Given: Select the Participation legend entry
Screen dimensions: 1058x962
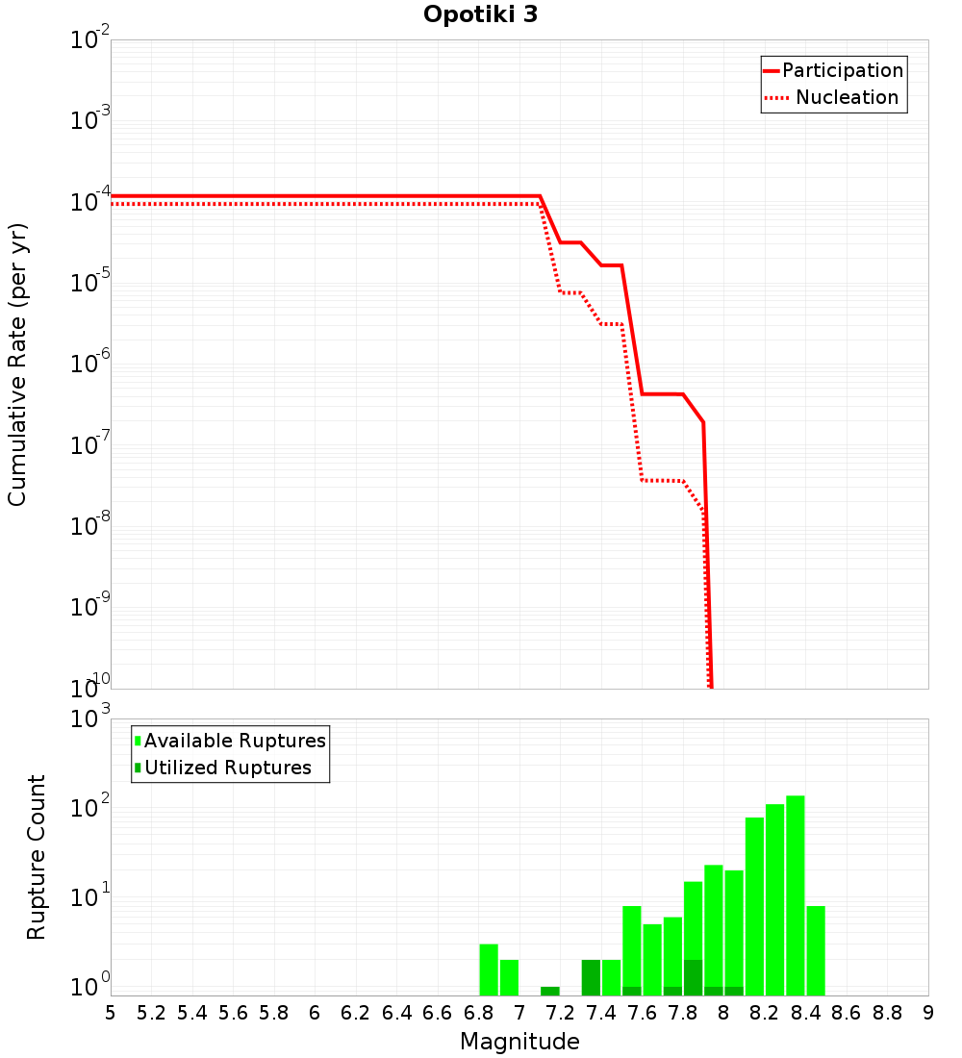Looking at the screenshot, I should [x=842, y=70].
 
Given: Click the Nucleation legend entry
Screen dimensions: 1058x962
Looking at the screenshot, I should [x=846, y=97].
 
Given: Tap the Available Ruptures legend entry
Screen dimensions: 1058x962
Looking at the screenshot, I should [x=234, y=741].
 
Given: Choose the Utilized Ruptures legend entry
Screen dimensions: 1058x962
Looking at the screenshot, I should [x=227, y=768].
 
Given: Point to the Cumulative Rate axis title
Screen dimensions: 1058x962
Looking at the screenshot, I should [x=17, y=365].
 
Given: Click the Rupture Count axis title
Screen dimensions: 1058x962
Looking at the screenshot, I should [x=37, y=857].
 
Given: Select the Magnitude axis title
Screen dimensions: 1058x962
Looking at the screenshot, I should [x=519, y=1042].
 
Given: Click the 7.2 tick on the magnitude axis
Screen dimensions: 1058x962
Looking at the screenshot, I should [x=560, y=1013].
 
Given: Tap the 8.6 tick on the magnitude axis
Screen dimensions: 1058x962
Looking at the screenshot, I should [x=847, y=1013].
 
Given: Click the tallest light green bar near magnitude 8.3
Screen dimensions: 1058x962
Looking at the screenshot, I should [x=796, y=894].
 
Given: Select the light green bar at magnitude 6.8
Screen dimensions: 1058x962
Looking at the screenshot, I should [x=489, y=970].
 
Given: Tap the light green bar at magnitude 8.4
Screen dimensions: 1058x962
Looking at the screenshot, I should [x=816, y=950].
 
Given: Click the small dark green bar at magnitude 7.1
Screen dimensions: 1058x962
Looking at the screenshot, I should [x=549, y=991].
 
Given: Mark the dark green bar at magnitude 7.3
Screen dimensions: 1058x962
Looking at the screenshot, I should [x=591, y=977].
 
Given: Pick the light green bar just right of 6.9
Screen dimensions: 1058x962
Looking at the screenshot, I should [x=509, y=977].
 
